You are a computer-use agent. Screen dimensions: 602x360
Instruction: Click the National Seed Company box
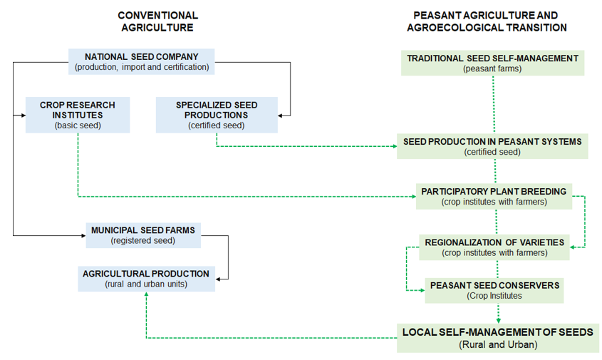tap(141, 61)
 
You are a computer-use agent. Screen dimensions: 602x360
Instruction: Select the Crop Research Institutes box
tap(78, 115)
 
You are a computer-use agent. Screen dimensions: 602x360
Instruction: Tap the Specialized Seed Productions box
tap(217, 115)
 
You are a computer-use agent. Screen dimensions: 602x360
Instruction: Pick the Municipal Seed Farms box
tap(143, 235)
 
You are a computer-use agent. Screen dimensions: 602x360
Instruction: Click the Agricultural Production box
tap(146, 279)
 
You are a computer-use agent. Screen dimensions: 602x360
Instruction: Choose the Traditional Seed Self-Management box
tap(492, 63)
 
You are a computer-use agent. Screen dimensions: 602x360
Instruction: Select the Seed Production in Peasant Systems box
tap(492, 146)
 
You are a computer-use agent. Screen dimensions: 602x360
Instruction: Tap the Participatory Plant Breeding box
tap(494, 196)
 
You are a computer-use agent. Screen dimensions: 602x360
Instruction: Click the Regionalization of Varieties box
tap(494, 247)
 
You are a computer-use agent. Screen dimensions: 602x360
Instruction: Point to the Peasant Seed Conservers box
tap(494, 290)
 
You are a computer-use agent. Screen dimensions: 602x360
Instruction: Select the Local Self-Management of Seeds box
tap(498, 338)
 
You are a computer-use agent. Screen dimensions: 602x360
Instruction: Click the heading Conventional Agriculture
tap(157, 21)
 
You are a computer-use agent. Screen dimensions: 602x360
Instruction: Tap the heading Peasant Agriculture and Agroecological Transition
tap(487, 21)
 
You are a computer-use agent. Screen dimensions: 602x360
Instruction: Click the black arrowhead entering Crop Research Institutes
tap(24, 115)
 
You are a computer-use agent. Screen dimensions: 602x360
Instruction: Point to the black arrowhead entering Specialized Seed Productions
tap(280, 115)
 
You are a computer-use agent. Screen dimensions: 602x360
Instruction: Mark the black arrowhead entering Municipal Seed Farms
tap(83, 235)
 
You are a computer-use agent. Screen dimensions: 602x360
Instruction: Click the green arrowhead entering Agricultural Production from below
tap(146, 294)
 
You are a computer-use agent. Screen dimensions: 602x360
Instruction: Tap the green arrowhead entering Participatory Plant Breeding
tap(414, 196)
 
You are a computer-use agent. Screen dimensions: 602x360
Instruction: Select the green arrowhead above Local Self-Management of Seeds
tap(498, 321)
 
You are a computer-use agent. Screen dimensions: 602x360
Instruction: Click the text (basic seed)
tap(78, 125)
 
